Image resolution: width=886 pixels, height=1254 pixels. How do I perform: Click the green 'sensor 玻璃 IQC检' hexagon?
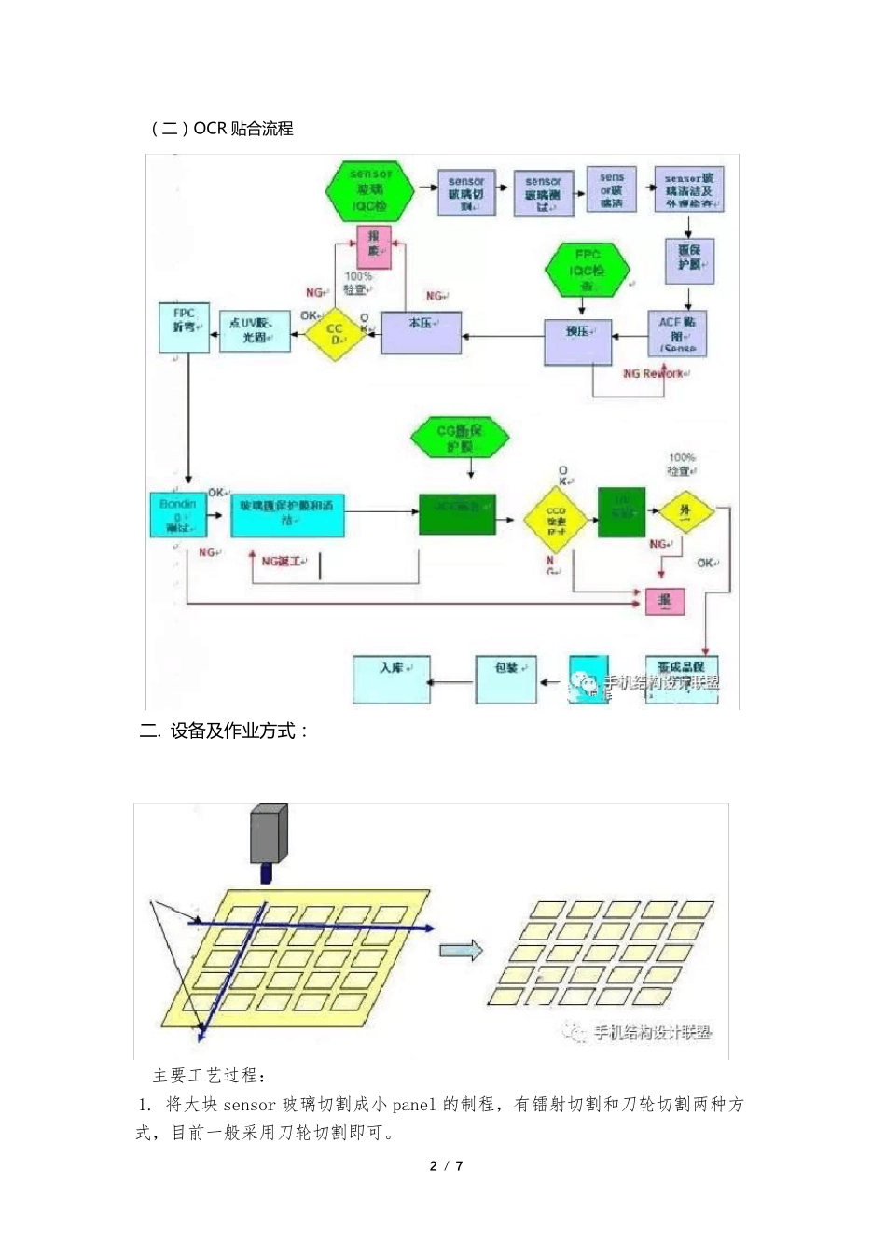370,190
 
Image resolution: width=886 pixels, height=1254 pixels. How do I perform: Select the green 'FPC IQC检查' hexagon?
588,270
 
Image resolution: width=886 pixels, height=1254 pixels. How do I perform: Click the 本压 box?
422,332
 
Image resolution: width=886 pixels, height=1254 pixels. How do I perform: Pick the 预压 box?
577,341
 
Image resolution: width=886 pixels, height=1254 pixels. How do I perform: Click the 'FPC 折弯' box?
184,327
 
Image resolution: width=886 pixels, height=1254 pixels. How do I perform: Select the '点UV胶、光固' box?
255,330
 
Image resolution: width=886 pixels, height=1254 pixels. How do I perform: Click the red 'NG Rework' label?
656,373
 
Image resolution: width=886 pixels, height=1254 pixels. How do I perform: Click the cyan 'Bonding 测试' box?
178,514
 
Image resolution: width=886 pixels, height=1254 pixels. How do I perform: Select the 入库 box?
391,679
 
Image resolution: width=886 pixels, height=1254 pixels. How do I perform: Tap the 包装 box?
505,679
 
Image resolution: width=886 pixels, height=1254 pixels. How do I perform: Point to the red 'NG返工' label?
281,561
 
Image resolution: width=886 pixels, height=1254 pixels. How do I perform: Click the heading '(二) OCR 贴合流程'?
221,129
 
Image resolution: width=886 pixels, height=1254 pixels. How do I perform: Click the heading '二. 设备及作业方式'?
223,731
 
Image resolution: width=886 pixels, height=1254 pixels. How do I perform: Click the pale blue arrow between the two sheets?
462,951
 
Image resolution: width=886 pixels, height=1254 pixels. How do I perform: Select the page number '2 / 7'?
446,1165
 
